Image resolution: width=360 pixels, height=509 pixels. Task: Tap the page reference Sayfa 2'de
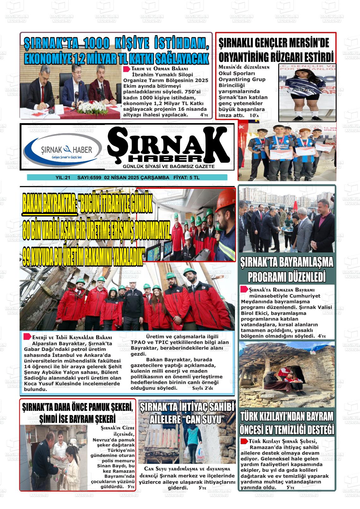(202, 388)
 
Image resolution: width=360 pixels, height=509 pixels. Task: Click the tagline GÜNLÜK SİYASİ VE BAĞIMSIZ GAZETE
(169, 166)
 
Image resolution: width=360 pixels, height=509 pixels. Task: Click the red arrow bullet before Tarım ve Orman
(126, 69)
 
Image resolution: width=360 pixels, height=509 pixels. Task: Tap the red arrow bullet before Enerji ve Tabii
(27, 336)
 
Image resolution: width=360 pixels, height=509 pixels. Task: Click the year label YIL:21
(63, 178)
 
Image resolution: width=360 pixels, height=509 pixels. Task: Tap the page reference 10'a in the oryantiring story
(254, 116)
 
